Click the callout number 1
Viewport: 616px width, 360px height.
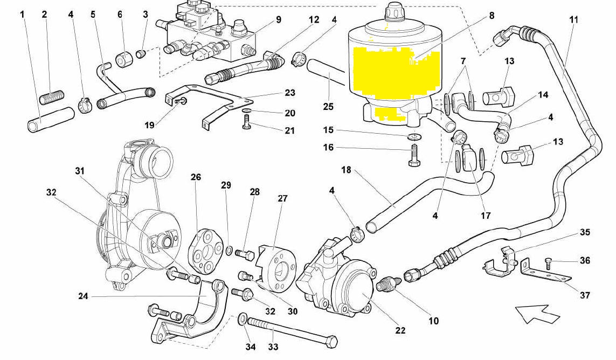click(23, 14)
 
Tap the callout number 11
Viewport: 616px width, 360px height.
click(573, 19)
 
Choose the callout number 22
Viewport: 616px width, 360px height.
click(400, 330)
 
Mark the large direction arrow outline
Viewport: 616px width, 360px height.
click(537, 313)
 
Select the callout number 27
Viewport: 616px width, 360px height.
click(283, 198)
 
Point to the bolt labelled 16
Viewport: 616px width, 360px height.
click(414, 153)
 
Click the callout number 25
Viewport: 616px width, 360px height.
click(328, 107)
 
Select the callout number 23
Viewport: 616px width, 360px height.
click(290, 93)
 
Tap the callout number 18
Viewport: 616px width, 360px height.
click(346, 170)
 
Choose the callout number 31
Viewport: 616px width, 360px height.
click(80, 171)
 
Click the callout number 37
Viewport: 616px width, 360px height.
click(585, 295)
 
